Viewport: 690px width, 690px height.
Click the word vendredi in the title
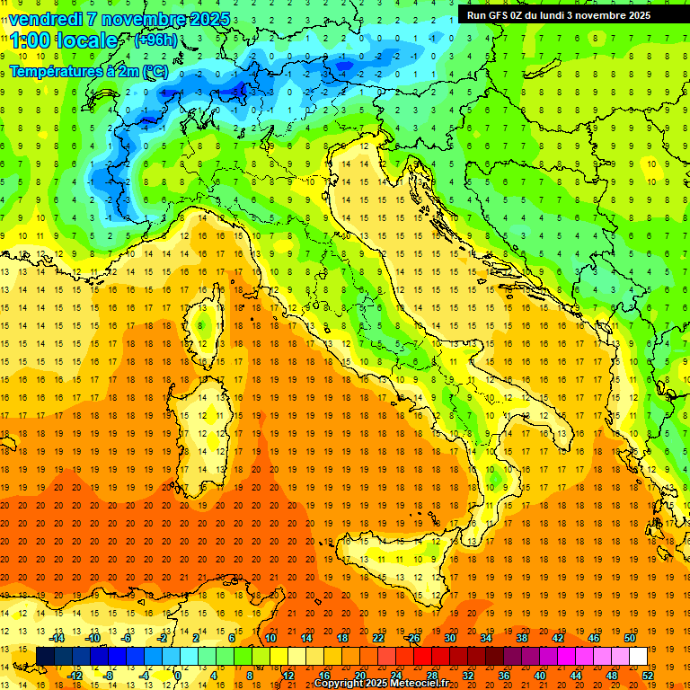point(46,19)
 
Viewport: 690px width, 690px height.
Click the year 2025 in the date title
point(208,19)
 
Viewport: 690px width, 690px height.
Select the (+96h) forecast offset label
point(155,40)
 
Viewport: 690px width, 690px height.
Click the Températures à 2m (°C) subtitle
point(88,70)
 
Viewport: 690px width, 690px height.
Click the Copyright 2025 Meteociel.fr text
point(387,684)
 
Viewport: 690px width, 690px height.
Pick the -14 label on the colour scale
point(57,638)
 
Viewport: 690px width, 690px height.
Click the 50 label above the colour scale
point(629,638)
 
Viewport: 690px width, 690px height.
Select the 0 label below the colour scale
point(178,675)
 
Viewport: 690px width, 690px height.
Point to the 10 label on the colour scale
point(270,638)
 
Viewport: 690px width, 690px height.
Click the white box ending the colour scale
point(638,656)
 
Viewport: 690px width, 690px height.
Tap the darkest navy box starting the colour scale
point(45,656)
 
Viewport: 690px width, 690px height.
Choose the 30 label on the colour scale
point(450,638)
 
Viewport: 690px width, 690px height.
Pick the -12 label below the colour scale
point(75,675)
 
